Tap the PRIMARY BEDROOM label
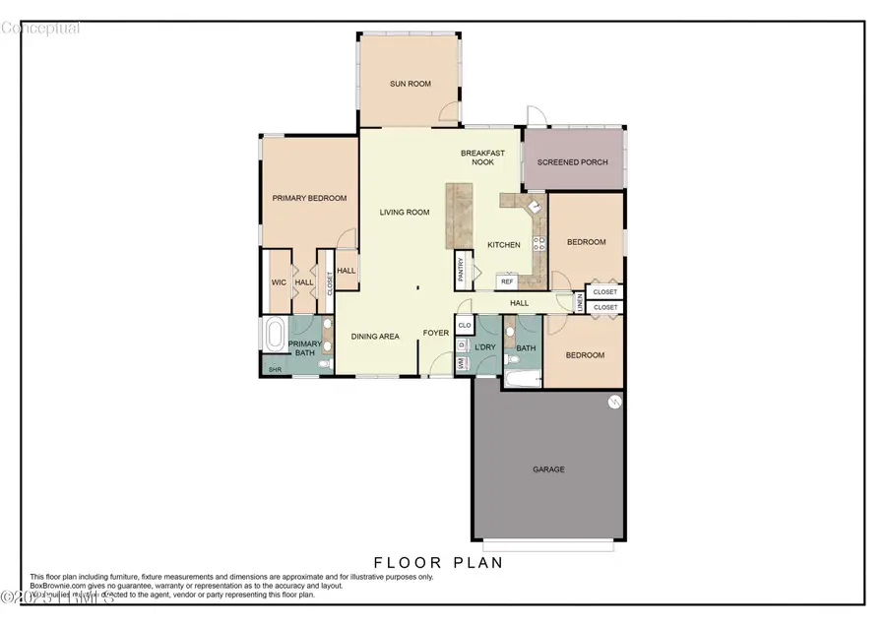click(x=309, y=198)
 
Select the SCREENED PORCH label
click(x=572, y=162)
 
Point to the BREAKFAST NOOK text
click(x=482, y=157)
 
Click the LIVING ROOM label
click(x=406, y=212)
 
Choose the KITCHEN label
click(x=503, y=245)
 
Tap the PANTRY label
click(x=460, y=270)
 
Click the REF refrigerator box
click(x=507, y=282)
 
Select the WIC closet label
click(x=279, y=282)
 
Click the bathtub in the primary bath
click(x=273, y=335)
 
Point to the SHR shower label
click(x=273, y=369)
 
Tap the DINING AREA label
click(x=375, y=337)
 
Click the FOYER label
click(x=436, y=333)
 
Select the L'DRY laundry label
click(x=484, y=348)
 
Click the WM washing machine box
click(x=461, y=364)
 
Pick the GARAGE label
click(x=548, y=469)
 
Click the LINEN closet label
click(x=580, y=305)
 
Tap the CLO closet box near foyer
click(x=465, y=324)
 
